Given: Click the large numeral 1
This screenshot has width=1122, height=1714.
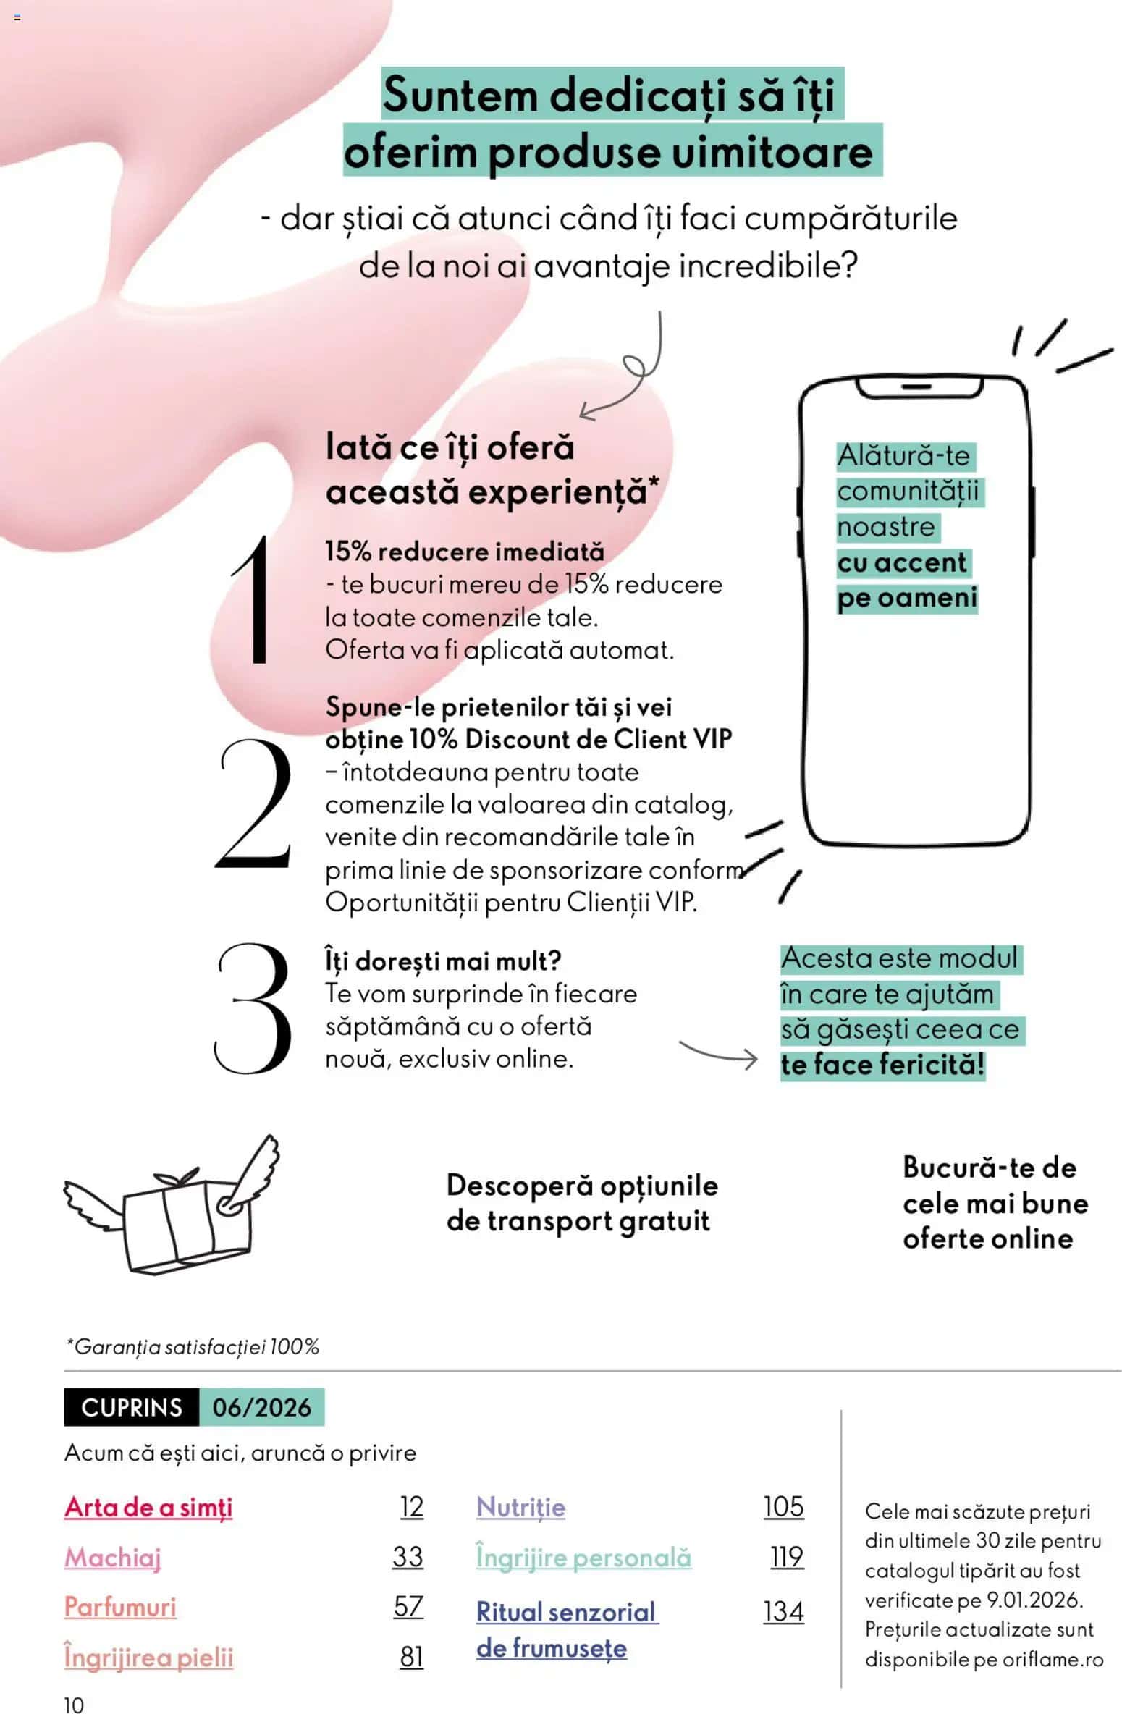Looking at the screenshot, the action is coord(256,599).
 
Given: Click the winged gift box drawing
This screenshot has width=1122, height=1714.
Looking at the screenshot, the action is coord(172,1206).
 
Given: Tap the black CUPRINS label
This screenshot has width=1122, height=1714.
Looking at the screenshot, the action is coord(131,1407).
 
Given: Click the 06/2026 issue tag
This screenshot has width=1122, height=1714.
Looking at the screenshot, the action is coord(261,1407).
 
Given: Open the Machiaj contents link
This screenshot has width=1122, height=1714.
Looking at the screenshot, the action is coord(113,1557).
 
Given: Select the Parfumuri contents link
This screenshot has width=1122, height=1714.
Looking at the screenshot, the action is coord(120,1607).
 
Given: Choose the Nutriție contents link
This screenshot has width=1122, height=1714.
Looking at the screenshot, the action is coord(520,1507).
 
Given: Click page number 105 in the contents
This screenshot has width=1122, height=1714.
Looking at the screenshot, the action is coord(783,1507).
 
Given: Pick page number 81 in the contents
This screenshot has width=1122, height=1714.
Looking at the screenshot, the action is coord(411,1657).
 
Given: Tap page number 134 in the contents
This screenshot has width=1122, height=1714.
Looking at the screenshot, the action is coord(783,1612).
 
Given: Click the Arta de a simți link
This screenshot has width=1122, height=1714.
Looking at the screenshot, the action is coord(148,1507).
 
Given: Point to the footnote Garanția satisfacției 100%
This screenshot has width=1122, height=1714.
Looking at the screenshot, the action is coord(193,1347).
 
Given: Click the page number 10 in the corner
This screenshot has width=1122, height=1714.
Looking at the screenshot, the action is coord(74,1705).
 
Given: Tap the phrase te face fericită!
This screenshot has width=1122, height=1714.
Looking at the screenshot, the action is coord(882,1064).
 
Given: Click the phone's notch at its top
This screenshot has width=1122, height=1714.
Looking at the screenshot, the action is coord(918,387).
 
